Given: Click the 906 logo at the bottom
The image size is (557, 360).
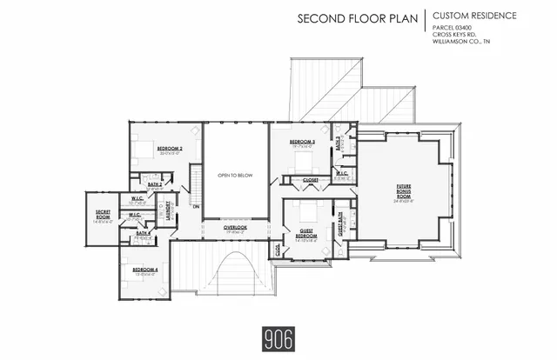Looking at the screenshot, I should point(278,336).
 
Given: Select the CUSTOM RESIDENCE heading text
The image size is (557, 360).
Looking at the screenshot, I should point(475,16).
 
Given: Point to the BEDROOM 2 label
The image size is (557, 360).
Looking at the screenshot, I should point(169,150).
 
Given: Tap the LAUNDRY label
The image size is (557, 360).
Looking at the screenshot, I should point(171,212).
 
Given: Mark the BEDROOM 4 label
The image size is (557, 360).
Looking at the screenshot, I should point(144,270).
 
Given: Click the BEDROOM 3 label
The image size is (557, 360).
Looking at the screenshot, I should point(301,141).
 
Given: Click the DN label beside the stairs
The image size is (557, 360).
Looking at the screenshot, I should point(196,206).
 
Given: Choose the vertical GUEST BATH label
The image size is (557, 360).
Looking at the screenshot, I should point(341,224).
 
